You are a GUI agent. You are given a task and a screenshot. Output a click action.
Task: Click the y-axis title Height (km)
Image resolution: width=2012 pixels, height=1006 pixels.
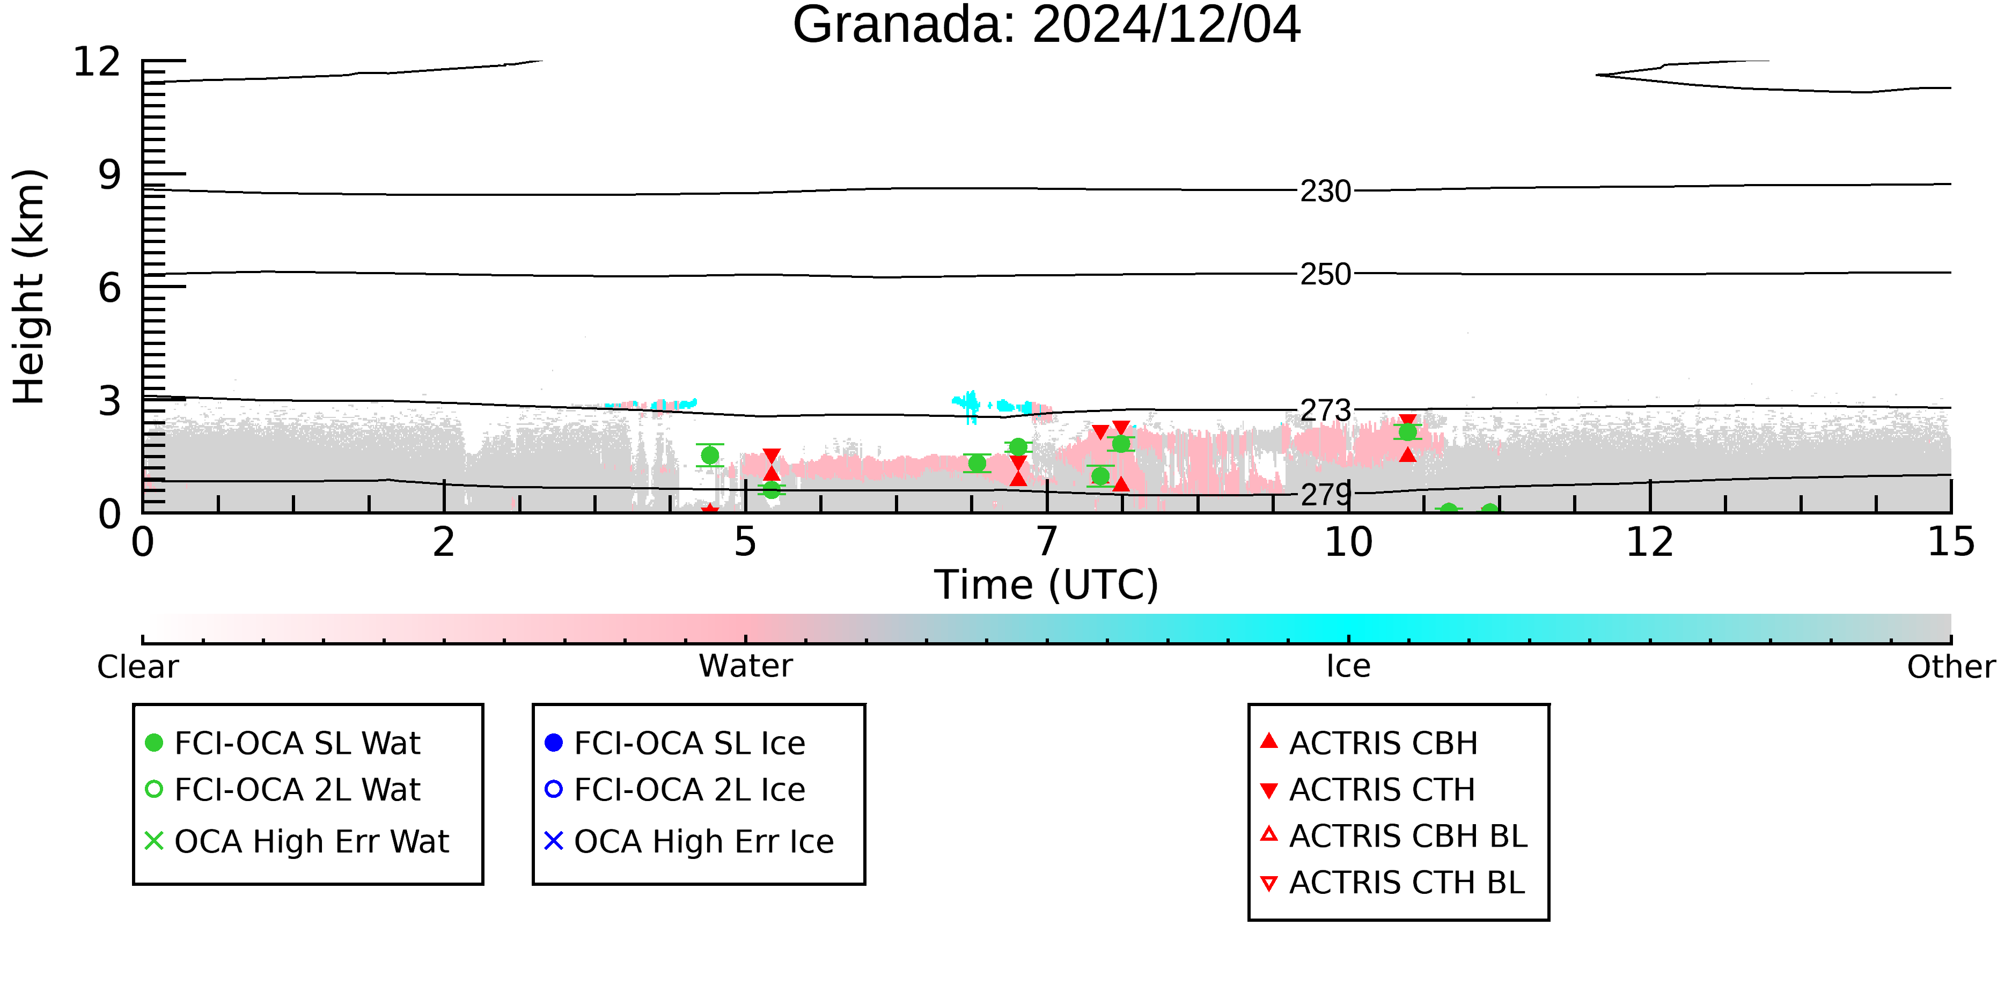tap(30, 287)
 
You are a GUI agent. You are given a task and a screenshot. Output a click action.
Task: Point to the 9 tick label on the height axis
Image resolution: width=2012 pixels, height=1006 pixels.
tap(109, 175)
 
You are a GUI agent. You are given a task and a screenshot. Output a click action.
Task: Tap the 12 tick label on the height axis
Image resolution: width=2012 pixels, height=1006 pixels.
tap(97, 62)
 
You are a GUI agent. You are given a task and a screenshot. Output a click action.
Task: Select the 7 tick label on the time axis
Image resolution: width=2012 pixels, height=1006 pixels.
tap(1047, 542)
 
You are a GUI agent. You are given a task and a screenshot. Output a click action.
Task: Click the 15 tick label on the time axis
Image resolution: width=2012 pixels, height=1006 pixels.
tap(1951, 542)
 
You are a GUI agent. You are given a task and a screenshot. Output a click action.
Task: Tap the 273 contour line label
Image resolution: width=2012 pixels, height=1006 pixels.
tap(1325, 410)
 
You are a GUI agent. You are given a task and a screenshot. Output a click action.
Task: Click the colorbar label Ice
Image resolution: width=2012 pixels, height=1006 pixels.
tap(1348, 666)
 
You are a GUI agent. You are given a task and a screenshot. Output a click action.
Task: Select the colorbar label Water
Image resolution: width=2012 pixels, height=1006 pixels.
tap(745, 666)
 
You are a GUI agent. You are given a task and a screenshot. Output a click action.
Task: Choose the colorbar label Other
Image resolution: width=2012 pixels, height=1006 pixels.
tap(1951, 667)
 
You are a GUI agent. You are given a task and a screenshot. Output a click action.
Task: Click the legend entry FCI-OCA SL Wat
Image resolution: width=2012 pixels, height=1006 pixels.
tap(283, 743)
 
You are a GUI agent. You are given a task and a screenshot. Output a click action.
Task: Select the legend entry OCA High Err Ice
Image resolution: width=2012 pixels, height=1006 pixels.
tap(689, 841)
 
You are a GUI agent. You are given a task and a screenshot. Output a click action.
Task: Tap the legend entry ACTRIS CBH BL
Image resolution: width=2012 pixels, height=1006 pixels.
tap(1393, 836)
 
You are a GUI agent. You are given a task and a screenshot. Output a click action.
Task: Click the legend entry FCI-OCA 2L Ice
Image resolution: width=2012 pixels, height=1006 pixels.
tap(675, 790)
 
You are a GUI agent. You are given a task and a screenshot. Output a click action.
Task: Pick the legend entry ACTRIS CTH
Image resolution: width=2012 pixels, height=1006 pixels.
tap(1368, 790)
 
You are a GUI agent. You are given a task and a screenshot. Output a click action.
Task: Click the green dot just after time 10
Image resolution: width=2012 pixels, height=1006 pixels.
tap(1407, 432)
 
